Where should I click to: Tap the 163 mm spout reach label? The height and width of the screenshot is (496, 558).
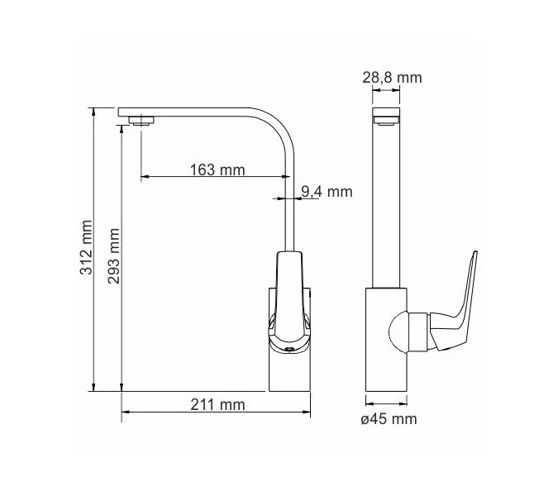click(217, 170)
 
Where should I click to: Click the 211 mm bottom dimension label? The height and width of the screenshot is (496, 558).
click(218, 404)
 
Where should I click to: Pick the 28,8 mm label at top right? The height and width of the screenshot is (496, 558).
click(392, 78)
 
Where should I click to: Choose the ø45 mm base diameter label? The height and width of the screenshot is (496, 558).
click(389, 419)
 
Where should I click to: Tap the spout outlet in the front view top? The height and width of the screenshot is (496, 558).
click(386, 121)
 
